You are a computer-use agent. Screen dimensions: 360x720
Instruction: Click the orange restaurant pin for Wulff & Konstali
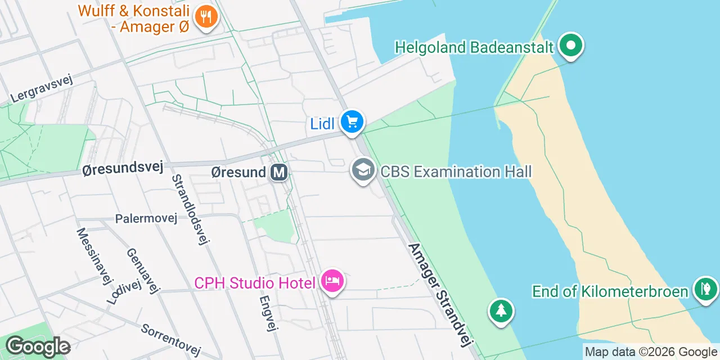click(206, 16)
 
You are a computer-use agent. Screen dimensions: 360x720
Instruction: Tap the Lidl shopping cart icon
click(352, 121)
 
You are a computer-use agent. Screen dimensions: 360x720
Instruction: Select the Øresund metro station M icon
click(279, 172)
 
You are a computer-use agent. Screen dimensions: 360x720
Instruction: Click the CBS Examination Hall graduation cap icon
click(363, 169)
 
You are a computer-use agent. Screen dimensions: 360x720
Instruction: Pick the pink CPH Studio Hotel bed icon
click(332, 281)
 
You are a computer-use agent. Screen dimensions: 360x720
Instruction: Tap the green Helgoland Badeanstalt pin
click(571, 46)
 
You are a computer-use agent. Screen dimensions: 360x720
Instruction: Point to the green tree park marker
click(501, 310)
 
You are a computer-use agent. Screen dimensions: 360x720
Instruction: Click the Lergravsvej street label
click(42, 89)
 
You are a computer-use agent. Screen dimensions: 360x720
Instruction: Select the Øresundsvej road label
click(122, 168)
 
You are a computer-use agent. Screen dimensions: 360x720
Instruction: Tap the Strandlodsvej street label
click(190, 209)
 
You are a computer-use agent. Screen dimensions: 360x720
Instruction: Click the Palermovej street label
click(146, 218)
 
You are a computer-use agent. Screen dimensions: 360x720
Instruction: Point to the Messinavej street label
click(91, 256)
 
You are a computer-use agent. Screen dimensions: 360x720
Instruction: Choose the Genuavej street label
click(143, 271)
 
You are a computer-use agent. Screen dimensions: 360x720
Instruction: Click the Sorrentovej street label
click(171, 340)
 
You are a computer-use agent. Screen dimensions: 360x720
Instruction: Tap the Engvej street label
click(268, 314)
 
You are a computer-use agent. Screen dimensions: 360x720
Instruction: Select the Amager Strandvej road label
click(442, 295)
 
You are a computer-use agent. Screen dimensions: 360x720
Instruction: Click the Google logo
click(38, 346)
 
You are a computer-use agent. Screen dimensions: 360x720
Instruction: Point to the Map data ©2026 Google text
click(651, 352)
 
